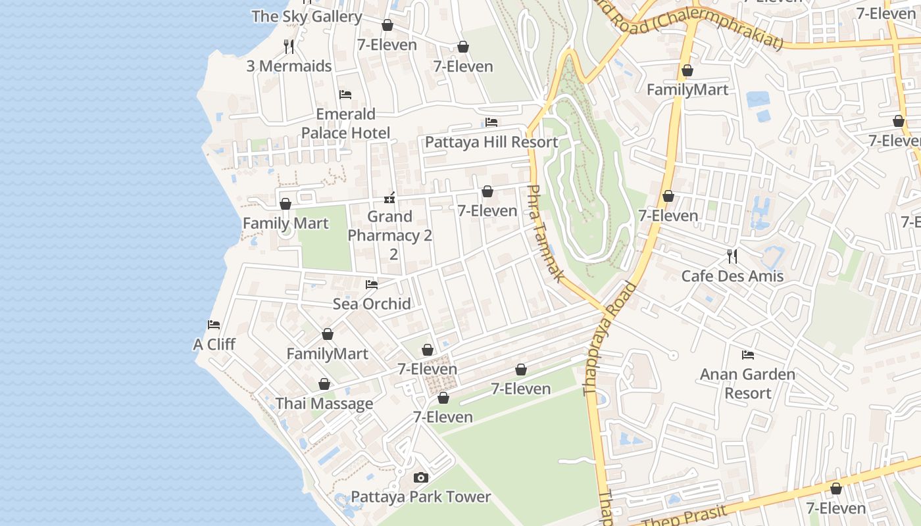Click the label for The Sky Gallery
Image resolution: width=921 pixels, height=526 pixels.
coord(307,16)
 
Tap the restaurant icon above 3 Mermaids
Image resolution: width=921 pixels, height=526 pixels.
coord(289,46)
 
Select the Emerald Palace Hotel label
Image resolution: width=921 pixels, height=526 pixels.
coord(345,124)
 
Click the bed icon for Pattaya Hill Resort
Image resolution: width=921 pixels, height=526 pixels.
coord(491,122)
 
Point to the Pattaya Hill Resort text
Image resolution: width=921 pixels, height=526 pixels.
coord(491,142)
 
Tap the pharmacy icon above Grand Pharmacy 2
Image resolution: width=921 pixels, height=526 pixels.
coord(389,197)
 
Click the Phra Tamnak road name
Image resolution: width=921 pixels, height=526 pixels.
coord(545,233)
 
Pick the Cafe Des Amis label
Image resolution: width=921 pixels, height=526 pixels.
coord(732,275)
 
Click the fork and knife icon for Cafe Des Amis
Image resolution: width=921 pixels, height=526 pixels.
coord(732,256)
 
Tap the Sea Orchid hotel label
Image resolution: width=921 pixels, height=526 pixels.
coord(372,304)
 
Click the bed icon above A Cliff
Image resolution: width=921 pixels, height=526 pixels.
coord(214,325)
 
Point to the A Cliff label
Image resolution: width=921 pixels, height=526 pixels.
coord(214,345)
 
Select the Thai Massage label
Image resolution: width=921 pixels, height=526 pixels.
coord(324,404)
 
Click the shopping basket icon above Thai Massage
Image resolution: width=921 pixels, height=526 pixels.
coord(324,385)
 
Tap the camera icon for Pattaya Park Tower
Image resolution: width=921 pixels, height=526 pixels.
coord(421,477)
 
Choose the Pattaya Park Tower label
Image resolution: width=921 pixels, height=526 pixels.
coord(421,496)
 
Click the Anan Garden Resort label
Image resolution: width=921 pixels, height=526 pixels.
coord(747,383)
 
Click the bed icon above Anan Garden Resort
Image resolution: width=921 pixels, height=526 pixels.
coord(748,355)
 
